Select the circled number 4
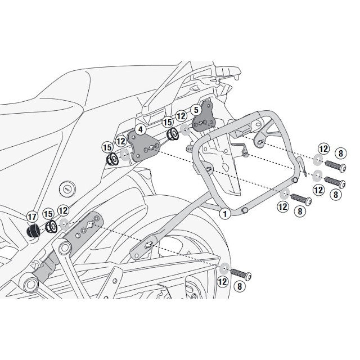pos(141,129)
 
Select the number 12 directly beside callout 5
pos(181,115)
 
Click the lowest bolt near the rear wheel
pos(241,273)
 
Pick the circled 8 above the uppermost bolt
pos(339,152)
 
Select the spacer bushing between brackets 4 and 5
pos(172,136)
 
